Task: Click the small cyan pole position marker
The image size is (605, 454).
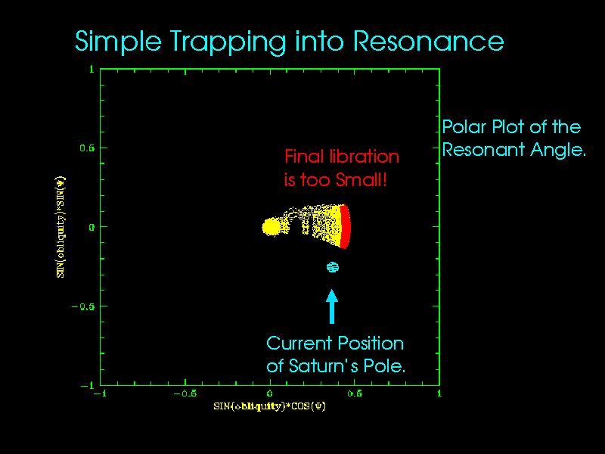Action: [x=332, y=266]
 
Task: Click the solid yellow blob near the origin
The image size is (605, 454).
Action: [x=271, y=226]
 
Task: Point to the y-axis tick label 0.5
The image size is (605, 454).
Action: [x=87, y=148]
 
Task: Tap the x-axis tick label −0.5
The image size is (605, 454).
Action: [x=185, y=394]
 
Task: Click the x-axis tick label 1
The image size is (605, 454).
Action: [x=439, y=394]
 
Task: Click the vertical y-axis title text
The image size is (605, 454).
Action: [x=60, y=227]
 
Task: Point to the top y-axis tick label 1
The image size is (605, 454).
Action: [x=91, y=69]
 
